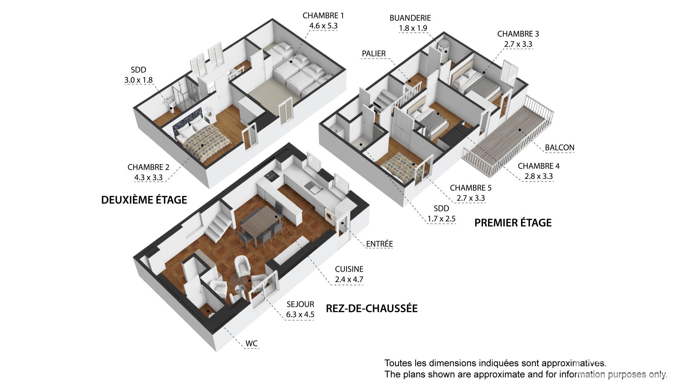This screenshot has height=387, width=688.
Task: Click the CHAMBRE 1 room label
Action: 323,15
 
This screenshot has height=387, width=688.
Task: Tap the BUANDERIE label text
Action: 410,18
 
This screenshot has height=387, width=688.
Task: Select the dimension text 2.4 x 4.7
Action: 349,279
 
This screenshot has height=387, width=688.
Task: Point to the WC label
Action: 252,343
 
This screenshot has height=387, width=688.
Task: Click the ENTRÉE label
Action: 379,244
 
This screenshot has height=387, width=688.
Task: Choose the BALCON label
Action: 560,147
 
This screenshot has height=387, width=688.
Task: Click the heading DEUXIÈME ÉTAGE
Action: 144,200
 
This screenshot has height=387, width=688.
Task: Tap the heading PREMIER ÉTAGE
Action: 513,223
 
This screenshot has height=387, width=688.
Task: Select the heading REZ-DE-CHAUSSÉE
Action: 372,308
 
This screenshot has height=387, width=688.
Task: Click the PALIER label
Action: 374,53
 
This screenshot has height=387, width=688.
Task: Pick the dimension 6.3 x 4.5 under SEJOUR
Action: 300,315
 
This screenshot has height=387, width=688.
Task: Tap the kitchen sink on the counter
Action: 310,187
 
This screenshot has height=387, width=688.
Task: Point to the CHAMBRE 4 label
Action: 539,166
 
